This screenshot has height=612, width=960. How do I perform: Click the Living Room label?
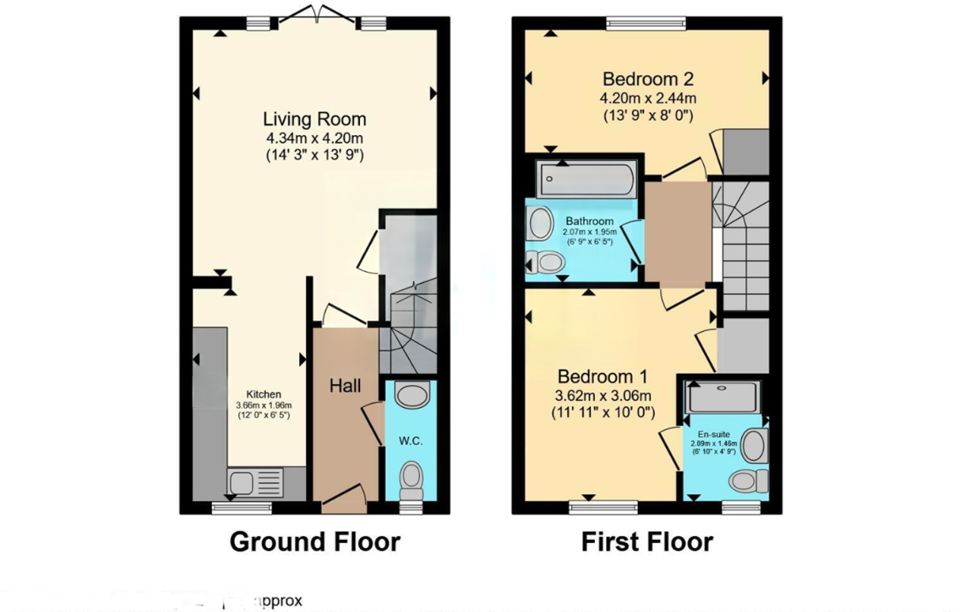[x=314, y=119]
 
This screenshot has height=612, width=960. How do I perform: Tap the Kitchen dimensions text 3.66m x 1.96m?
[x=264, y=405]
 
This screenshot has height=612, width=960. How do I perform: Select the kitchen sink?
[x=256, y=481]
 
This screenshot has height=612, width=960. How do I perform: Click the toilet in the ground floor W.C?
[x=412, y=478]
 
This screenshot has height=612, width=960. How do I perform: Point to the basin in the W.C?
[x=412, y=396]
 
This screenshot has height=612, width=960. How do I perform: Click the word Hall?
[x=345, y=386]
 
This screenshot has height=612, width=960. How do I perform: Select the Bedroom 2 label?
[x=648, y=79]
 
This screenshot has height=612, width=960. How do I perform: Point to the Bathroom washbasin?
[x=540, y=223]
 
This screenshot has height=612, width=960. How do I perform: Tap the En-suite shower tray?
[x=722, y=397]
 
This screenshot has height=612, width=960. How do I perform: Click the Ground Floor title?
[x=314, y=542]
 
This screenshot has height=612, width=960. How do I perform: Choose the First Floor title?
[x=647, y=542]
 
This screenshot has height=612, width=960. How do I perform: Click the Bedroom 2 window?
[x=646, y=23]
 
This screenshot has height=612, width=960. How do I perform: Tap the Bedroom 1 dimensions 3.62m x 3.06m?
[x=602, y=396]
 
